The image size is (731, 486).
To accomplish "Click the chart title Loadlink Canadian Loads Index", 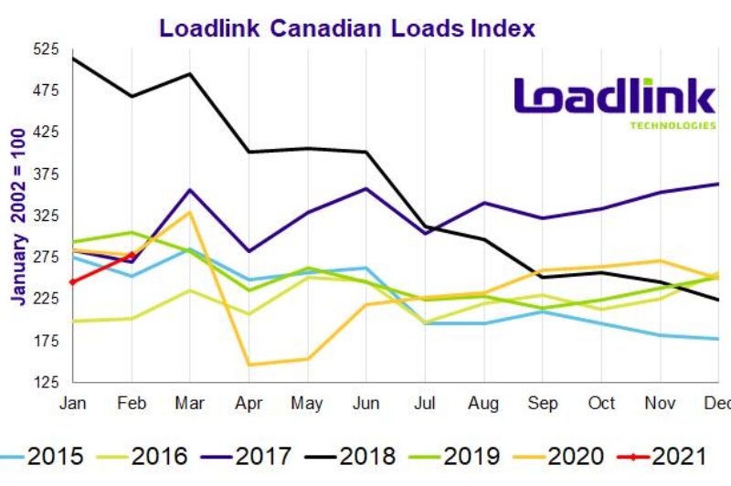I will click(347, 27).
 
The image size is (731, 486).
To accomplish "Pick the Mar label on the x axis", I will click(189, 402).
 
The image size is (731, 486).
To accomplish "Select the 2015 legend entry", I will click(46, 454).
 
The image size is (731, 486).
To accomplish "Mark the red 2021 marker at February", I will click(132, 256).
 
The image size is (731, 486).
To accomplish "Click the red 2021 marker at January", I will click(73, 282).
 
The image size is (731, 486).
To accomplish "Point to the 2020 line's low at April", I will click(249, 364).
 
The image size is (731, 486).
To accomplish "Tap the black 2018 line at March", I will click(190, 74).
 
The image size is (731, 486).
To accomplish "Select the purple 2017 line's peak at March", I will click(190, 190).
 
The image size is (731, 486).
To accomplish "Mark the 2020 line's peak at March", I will click(190, 212).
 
